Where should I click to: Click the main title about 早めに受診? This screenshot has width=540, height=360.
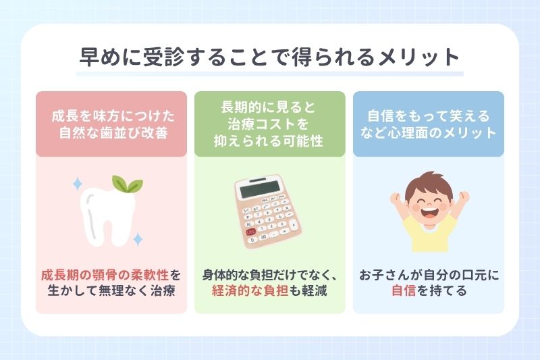pos(269,56)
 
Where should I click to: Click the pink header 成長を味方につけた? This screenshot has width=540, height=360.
pos(111,124)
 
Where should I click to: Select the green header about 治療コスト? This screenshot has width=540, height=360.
pos(270,124)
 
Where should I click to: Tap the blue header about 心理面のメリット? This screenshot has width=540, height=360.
pos(429,124)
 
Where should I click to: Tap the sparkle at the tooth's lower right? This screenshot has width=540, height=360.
pos(138,238)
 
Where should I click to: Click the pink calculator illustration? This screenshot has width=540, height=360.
pos(269,210)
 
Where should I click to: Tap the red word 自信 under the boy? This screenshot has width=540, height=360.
pos(403,292)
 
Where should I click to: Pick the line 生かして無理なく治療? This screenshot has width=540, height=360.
pos(111,292)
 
